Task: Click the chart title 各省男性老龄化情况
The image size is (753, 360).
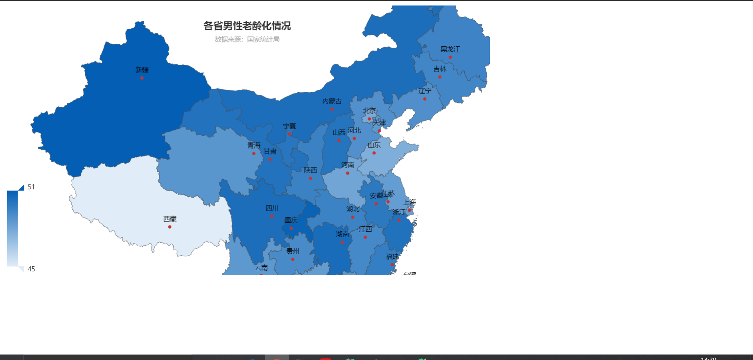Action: (x=247, y=26)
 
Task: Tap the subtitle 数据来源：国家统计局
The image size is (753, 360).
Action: (x=247, y=39)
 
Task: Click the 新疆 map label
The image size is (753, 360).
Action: (x=142, y=70)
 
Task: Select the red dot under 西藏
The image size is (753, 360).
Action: (x=169, y=227)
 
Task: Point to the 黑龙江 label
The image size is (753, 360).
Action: (x=450, y=49)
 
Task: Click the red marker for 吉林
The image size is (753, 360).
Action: (x=440, y=77)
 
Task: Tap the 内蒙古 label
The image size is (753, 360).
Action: (x=332, y=101)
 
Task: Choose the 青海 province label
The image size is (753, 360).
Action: (x=254, y=145)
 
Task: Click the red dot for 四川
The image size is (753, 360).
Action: (x=272, y=216)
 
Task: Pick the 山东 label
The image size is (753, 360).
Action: (x=374, y=145)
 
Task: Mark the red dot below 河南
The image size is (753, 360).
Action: (x=347, y=173)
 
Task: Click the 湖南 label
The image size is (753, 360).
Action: (x=342, y=234)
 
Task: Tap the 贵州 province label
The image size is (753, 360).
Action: (x=293, y=251)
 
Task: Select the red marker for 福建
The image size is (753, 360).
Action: (x=392, y=265)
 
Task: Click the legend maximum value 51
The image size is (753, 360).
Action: (x=31, y=187)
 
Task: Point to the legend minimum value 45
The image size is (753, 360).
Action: (x=31, y=269)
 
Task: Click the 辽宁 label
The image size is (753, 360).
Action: (x=425, y=91)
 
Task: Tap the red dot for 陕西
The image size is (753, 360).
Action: (x=310, y=178)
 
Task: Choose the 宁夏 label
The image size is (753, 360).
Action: (x=289, y=126)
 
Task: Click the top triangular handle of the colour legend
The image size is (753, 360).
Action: (x=22, y=188)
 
